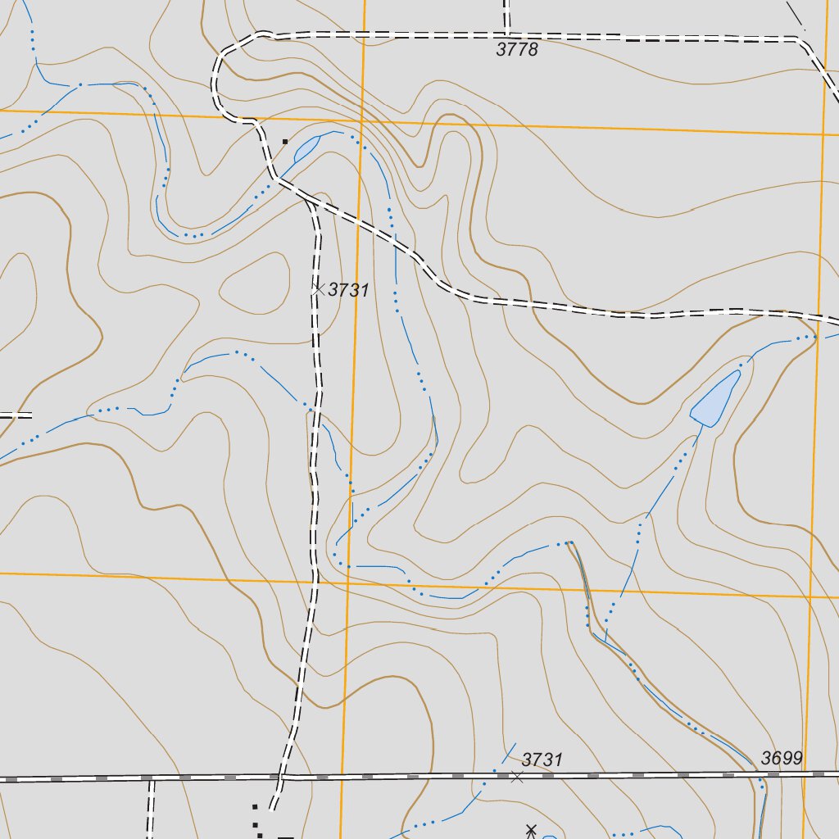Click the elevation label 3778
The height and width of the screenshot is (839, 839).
tap(517, 49)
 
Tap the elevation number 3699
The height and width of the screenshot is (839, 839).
tap(781, 758)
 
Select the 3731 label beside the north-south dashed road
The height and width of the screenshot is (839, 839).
tap(349, 289)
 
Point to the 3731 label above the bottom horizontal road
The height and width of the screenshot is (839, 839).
tap(542, 760)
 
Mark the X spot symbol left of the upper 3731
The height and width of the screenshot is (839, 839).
tap(319, 288)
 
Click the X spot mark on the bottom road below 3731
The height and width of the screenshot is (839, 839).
tap(516, 776)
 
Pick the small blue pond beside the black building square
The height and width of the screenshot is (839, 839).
tap(306, 148)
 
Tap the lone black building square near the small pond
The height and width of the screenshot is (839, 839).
tap(284, 142)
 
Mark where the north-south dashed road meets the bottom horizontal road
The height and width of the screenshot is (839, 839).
tap(280, 776)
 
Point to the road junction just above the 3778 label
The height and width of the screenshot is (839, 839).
tap(507, 35)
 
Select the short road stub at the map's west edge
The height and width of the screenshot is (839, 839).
tap(15, 415)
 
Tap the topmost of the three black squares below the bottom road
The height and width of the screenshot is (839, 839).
tap(255, 807)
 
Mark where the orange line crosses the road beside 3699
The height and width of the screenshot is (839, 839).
tap(805, 773)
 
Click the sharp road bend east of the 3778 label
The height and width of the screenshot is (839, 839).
tap(799, 39)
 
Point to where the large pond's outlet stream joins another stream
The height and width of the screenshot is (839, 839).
tap(605, 640)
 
